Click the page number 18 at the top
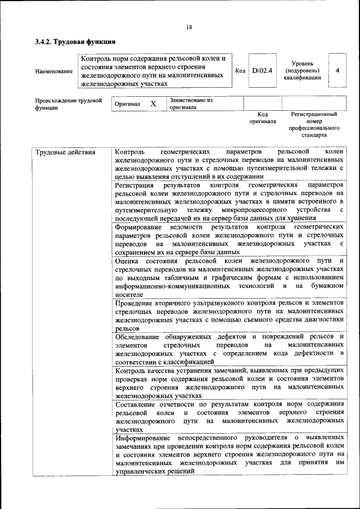[x=189, y=28]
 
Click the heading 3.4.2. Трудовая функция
[x=75, y=42]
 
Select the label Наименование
[x=54, y=71]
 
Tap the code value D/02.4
[x=262, y=71]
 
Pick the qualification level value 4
[x=337, y=71]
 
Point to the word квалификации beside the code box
[x=307, y=78]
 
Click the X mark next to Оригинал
[x=153, y=104]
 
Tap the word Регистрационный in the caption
[x=314, y=114]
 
